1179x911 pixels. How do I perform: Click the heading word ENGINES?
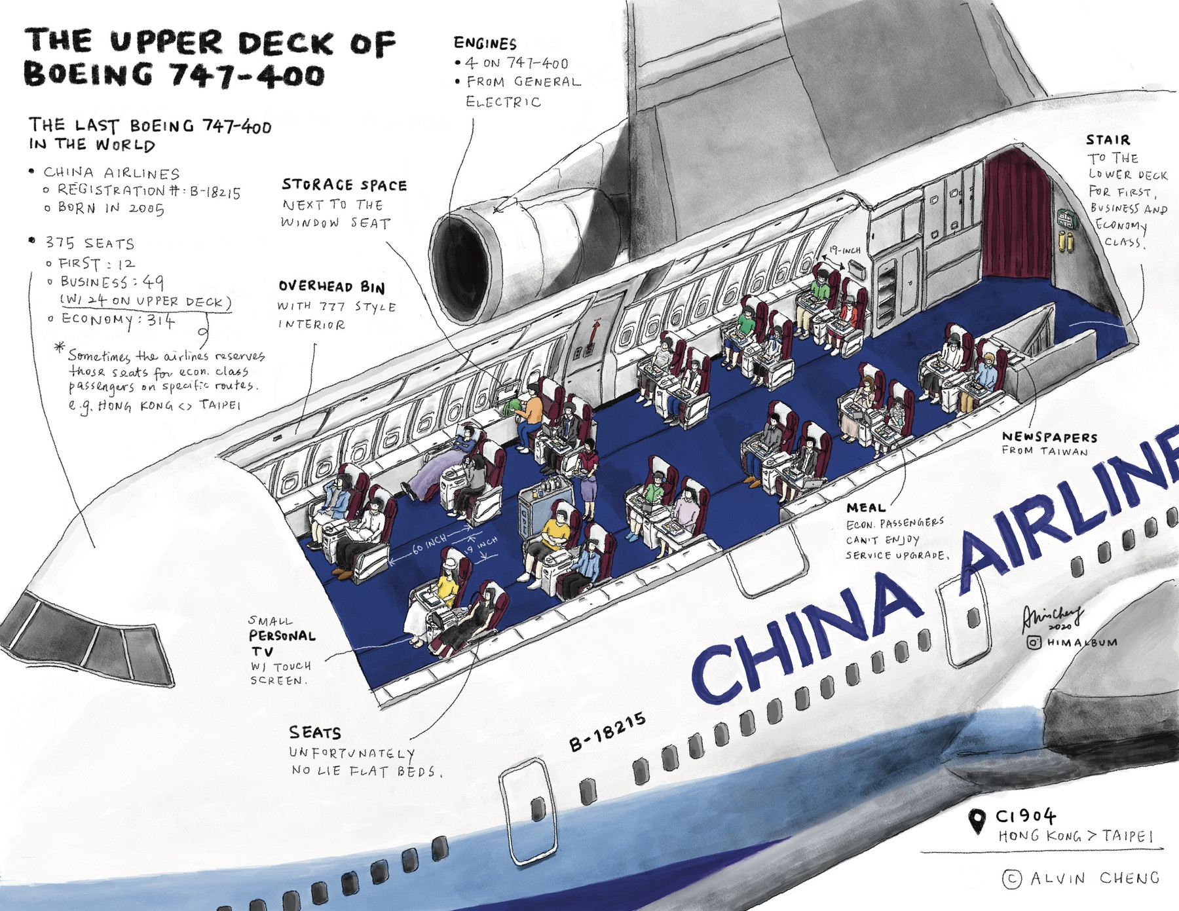pos(485,43)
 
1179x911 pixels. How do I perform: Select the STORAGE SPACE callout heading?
pos(345,185)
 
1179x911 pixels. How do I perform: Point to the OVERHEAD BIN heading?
pos(331,287)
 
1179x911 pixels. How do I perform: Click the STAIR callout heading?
pos(1108,139)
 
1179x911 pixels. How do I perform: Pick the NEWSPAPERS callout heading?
pos(1049,437)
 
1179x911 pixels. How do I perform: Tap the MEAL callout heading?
pos(865,508)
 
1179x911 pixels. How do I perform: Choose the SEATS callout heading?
pos(315,732)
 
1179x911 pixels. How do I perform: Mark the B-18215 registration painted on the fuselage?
pos(608,730)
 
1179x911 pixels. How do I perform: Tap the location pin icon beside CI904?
pos(977,821)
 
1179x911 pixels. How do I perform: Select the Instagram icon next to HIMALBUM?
pos(1034,642)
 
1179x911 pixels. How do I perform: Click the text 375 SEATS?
pos(89,243)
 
